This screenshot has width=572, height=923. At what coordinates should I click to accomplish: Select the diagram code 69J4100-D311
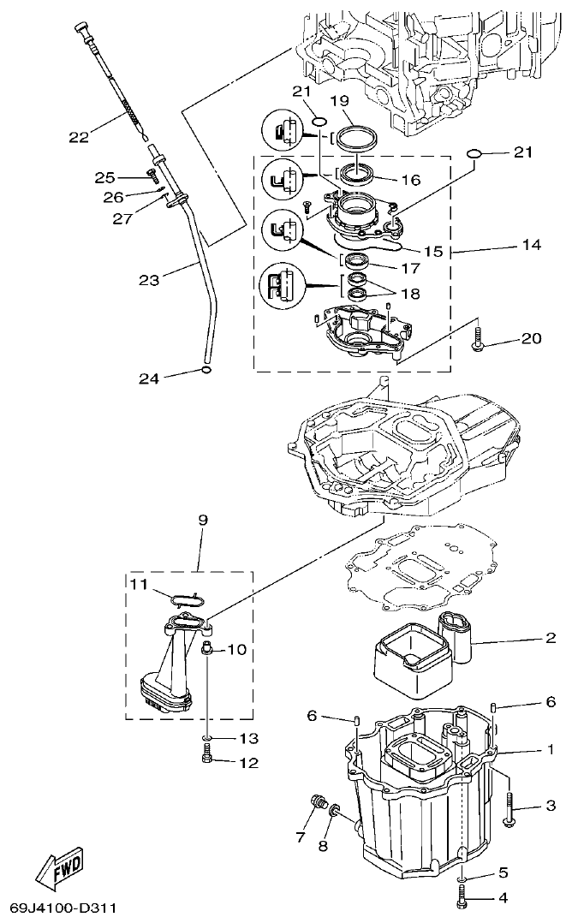click(63, 907)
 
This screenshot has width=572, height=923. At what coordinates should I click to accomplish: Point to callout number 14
click(530, 245)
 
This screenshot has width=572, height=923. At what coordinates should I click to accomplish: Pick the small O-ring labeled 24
click(206, 370)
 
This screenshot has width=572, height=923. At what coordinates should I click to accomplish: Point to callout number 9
click(203, 520)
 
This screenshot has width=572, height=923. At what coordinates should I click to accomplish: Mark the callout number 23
click(149, 279)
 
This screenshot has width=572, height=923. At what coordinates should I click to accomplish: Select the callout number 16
click(410, 180)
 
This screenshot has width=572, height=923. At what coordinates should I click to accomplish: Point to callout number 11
click(140, 585)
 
